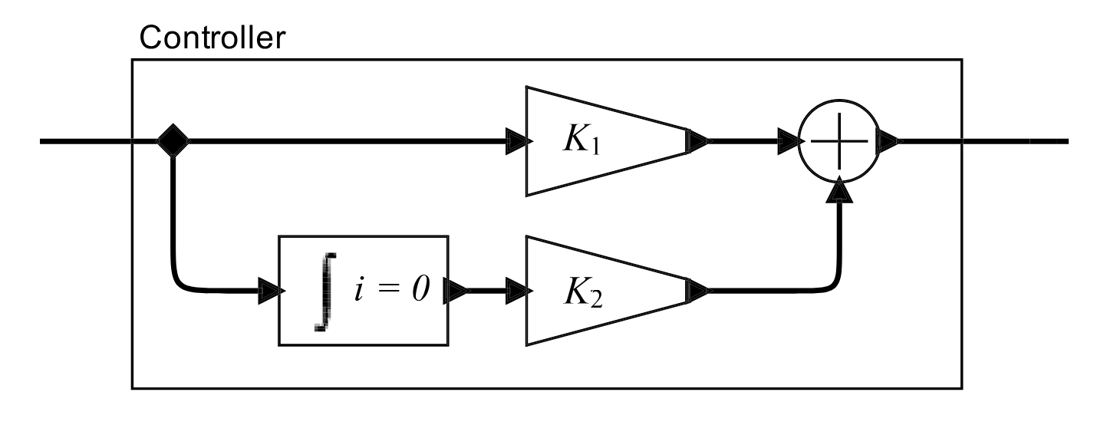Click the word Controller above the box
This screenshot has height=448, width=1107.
(211, 37)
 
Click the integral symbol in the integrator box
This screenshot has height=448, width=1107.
(324, 292)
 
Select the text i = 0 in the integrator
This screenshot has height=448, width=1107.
(390, 291)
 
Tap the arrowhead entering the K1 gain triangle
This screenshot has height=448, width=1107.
(519, 142)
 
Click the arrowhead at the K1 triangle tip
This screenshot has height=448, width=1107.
(698, 142)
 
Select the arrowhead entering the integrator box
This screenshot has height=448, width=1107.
(269, 292)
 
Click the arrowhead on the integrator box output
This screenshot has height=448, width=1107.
(457, 292)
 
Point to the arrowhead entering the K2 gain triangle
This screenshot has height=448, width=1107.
(519, 292)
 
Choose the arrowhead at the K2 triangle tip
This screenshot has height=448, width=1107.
(698, 292)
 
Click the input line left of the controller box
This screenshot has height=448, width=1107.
(84, 142)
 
